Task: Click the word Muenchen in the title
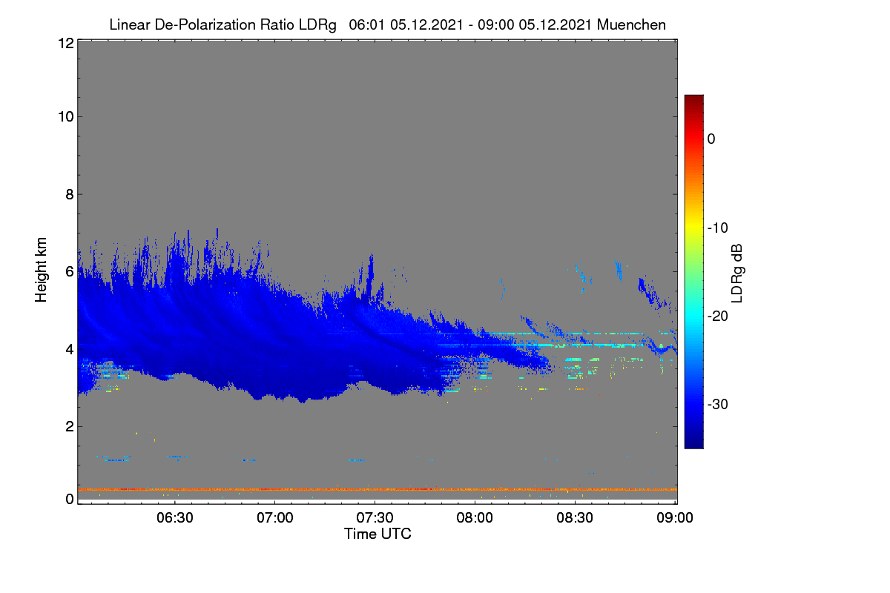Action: click(x=631, y=25)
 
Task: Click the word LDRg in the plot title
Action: click(x=317, y=25)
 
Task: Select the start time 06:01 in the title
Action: click(x=366, y=25)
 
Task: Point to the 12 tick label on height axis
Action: click(x=66, y=43)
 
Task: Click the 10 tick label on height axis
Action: click(x=66, y=117)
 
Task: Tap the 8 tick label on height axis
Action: click(x=70, y=194)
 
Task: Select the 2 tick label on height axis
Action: click(x=70, y=426)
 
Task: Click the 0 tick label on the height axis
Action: click(x=70, y=499)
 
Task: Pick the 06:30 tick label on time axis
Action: click(x=175, y=517)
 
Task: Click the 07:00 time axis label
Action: click(x=275, y=517)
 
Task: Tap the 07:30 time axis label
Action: click(x=375, y=517)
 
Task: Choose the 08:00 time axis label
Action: click(x=475, y=517)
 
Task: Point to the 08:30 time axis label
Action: click(x=575, y=517)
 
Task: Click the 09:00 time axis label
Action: click(x=675, y=517)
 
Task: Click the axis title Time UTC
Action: click(x=378, y=534)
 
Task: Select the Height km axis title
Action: click(x=41, y=270)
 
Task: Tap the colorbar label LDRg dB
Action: click(x=736, y=274)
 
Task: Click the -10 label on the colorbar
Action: click(x=718, y=228)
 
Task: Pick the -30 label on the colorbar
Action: click(x=718, y=404)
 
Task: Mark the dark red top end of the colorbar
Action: click(x=693, y=96)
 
